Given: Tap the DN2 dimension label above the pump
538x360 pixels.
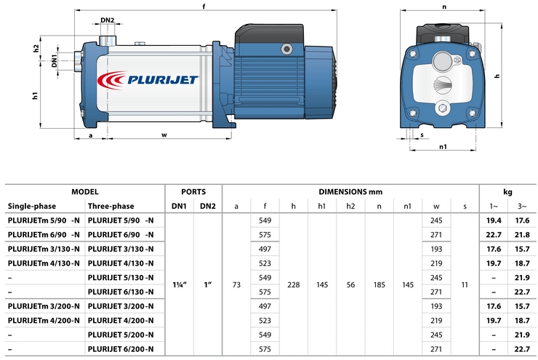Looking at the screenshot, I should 107,20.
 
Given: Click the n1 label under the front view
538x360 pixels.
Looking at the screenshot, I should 443,147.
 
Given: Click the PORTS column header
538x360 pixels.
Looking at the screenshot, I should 194,191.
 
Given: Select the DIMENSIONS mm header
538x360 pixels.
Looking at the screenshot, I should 350,191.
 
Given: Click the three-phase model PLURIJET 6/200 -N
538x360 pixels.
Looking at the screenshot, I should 120,350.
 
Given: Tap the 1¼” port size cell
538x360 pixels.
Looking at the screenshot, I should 181,284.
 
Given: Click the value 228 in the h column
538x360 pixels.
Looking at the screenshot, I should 293,284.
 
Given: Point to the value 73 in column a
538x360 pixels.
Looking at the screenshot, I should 236,284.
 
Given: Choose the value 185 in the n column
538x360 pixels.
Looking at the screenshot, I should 379,284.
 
